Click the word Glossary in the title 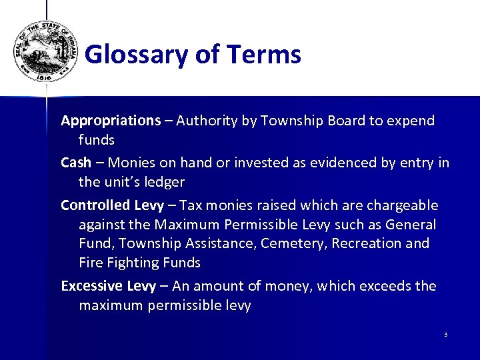point(137,55)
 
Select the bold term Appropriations point(111,121)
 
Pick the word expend point(409,121)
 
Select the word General point(411,225)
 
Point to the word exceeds point(384,286)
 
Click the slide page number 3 point(445,334)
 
